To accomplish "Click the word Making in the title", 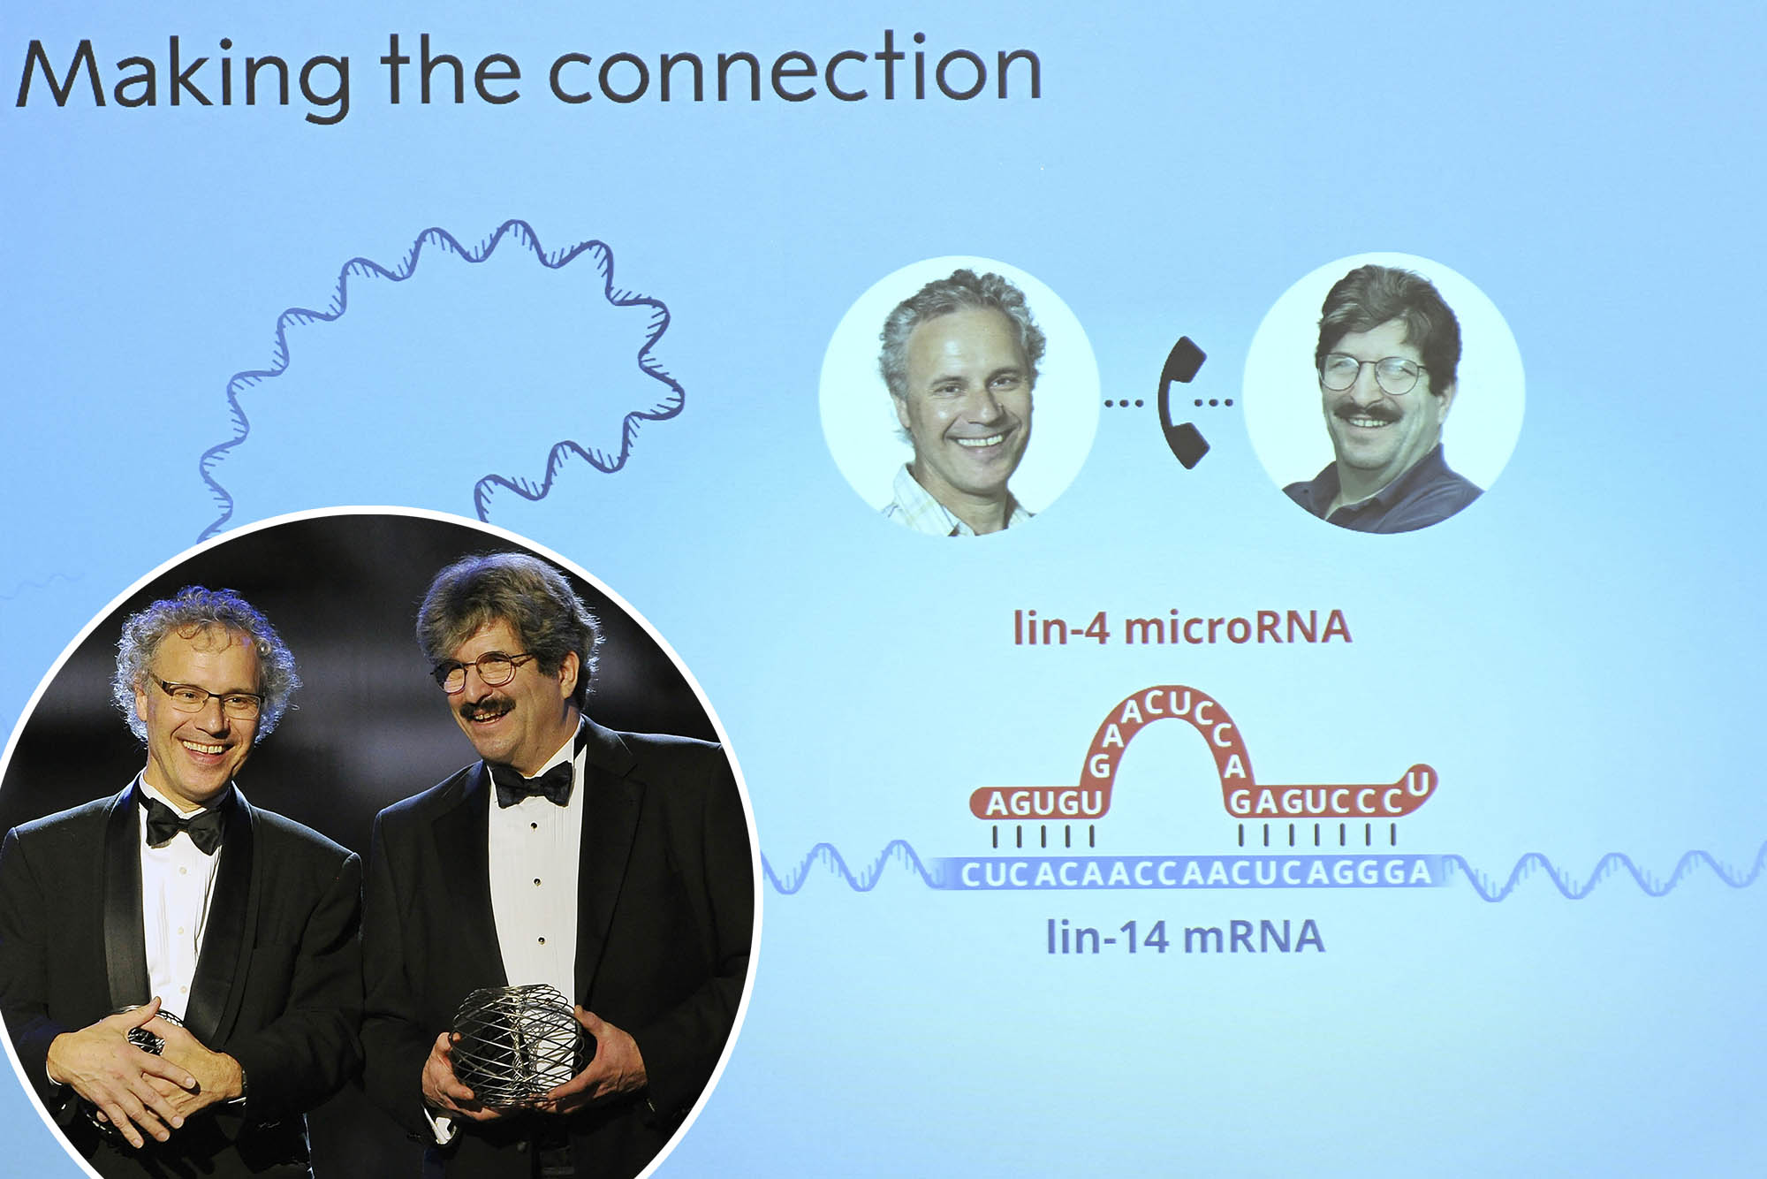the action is click(183, 78).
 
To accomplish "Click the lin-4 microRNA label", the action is click(1182, 628).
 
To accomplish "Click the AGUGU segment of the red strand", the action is click(1043, 803).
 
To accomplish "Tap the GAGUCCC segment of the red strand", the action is click(1316, 801).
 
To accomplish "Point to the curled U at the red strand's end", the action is click(1419, 782).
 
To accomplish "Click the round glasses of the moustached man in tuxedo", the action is click(482, 673).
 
